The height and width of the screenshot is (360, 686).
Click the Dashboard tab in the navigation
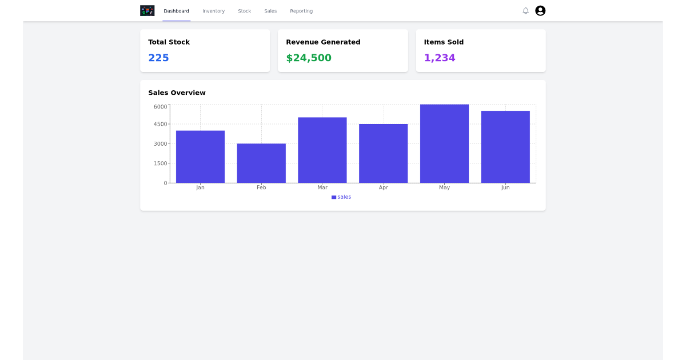point(176,11)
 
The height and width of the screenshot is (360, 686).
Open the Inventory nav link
point(213,11)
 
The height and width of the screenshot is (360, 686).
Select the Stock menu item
point(244,11)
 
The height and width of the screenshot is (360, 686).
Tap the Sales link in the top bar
point(270,11)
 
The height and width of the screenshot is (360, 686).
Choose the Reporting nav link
point(301,11)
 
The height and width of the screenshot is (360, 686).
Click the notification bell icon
point(525,11)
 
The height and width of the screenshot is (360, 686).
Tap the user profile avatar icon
point(540,11)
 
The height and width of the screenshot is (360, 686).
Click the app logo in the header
point(147,11)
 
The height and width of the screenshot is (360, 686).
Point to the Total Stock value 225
point(158,58)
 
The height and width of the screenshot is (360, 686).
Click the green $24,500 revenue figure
point(309,58)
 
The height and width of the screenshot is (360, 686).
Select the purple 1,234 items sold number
point(440,58)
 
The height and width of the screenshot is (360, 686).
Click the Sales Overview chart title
point(177,93)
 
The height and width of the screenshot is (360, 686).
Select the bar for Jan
point(200,157)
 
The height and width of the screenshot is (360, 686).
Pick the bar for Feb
point(261,163)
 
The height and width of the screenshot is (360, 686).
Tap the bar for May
point(444,143)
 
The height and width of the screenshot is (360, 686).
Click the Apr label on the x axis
point(383,187)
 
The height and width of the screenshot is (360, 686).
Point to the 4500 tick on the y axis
point(160,124)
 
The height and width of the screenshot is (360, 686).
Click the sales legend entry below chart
point(341,197)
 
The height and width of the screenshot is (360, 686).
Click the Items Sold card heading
point(444,42)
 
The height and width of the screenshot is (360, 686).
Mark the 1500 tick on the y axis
point(160,163)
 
